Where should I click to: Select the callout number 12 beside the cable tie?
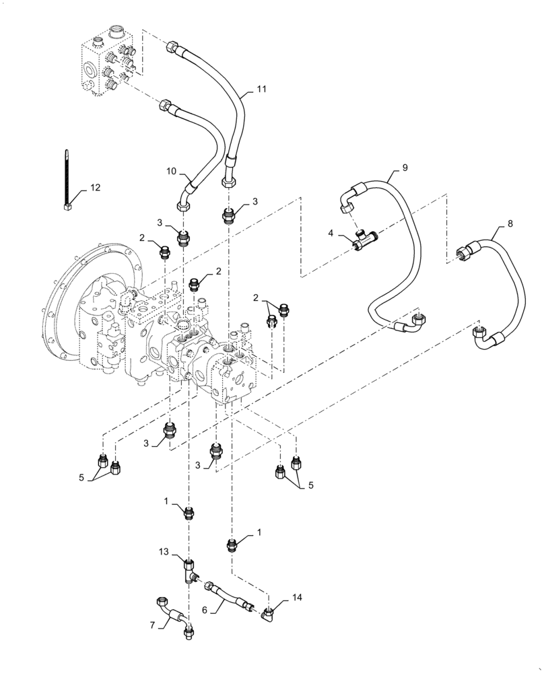pos(96,187)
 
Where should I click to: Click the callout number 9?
pos(405,166)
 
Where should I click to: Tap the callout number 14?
pos(298,598)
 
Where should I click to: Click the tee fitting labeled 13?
pos(189,571)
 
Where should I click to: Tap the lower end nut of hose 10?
pos(183,207)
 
